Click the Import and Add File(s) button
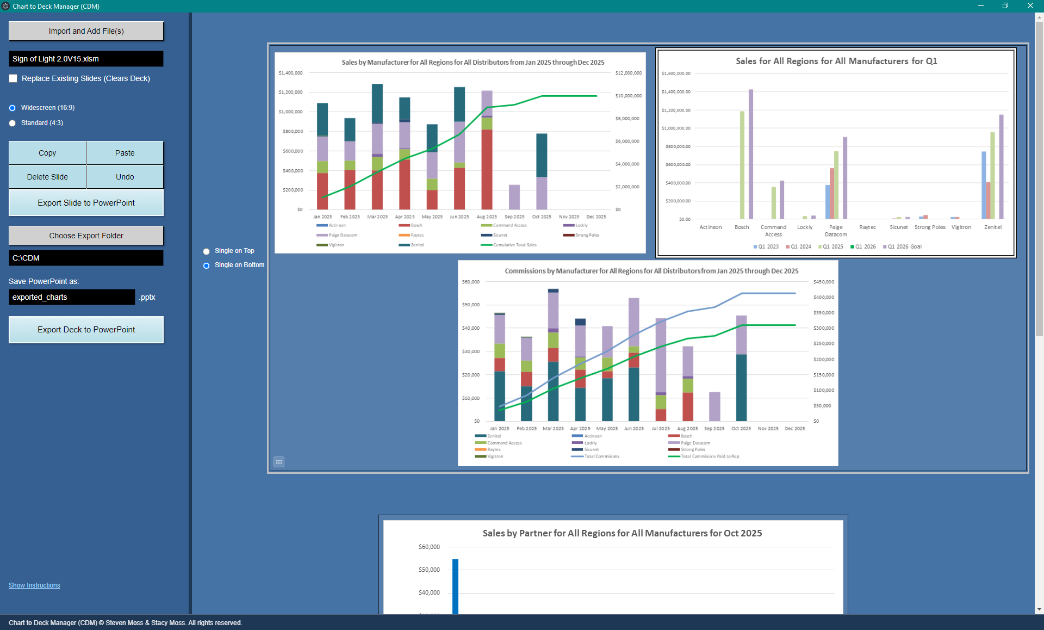pyautogui.click(x=86, y=31)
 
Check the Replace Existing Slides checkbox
pyautogui.click(x=14, y=78)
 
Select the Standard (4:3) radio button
pyautogui.click(x=13, y=123)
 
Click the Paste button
pyautogui.click(x=125, y=153)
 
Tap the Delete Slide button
pyautogui.click(x=47, y=177)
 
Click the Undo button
pyautogui.click(x=125, y=177)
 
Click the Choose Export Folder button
pyautogui.click(x=86, y=236)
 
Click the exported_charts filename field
pyautogui.click(x=71, y=297)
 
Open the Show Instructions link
pyautogui.click(x=34, y=585)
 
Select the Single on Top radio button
pyautogui.click(x=207, y=251)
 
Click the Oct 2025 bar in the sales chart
pyautogui.click(x=542, y=171)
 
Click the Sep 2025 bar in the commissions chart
pyautogui.click(x=714, y=406)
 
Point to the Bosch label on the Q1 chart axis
pyautogui.click(x=742, y=227)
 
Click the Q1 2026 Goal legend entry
pyautogui.click(x=904, y=246)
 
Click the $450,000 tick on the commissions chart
pyautogui.click(x=823, y=282)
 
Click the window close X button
pyautogui.click(x=1030, y=6)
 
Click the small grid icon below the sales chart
pyautogui.click(x=279, y=462)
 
